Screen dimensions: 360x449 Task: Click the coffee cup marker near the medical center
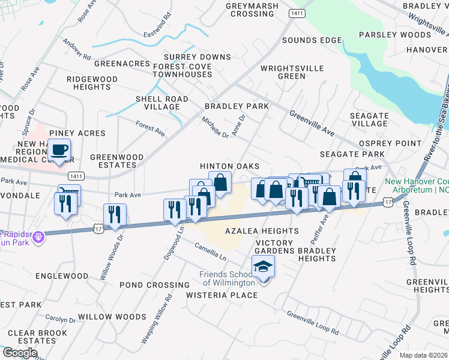click(x=59, y=149)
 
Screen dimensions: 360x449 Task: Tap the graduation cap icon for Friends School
click(x=263, y=266)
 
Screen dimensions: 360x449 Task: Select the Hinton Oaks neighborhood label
click(x=229, y=166)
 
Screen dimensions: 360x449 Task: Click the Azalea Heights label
click(x=262, y=231)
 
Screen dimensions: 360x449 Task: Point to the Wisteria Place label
click(x=221, y=295)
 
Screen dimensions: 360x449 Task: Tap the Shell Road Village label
click(x=162, y=103)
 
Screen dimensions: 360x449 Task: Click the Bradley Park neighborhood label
click(x=237, y=106)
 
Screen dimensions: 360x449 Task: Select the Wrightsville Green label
click(x=292, y=72)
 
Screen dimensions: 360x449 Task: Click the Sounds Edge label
click(x=312, y=40)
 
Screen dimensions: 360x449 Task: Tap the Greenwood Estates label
click(x=117, y=161)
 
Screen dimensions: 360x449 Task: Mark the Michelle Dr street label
click(x=215, y=127)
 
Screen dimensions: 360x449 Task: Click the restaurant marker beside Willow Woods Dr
click(x=115, y=215)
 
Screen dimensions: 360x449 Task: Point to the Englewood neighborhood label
click(x=62, y=276)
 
